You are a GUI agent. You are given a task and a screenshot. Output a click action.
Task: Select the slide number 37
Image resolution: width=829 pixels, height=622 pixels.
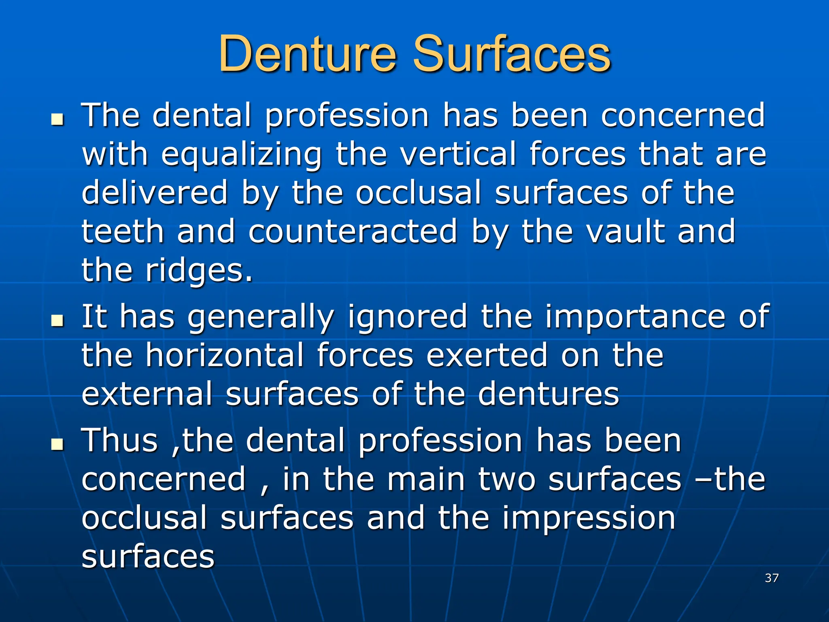click(x=772, y=578)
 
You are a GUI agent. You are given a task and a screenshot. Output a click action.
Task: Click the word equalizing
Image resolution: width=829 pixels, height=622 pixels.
click(x=242, y=155)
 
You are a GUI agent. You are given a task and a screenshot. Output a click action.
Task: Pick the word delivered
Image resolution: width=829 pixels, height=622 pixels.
click(x=155, y=193)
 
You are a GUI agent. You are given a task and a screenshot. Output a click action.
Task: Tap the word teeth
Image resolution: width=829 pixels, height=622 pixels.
click(x=123, y=231)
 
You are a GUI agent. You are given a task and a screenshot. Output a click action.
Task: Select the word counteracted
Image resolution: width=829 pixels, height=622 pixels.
click(x=353, y=231)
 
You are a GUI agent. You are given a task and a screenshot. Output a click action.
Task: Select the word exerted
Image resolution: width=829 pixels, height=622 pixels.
click(x=487, y=355)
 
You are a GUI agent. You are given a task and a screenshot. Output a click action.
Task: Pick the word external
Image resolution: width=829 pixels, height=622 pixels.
click(x=147, y=394)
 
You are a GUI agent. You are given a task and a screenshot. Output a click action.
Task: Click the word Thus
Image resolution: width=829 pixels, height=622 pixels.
click(x=120, y=440)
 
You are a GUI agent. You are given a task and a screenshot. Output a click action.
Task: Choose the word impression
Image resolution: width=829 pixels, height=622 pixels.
click(x=589, y=519)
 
